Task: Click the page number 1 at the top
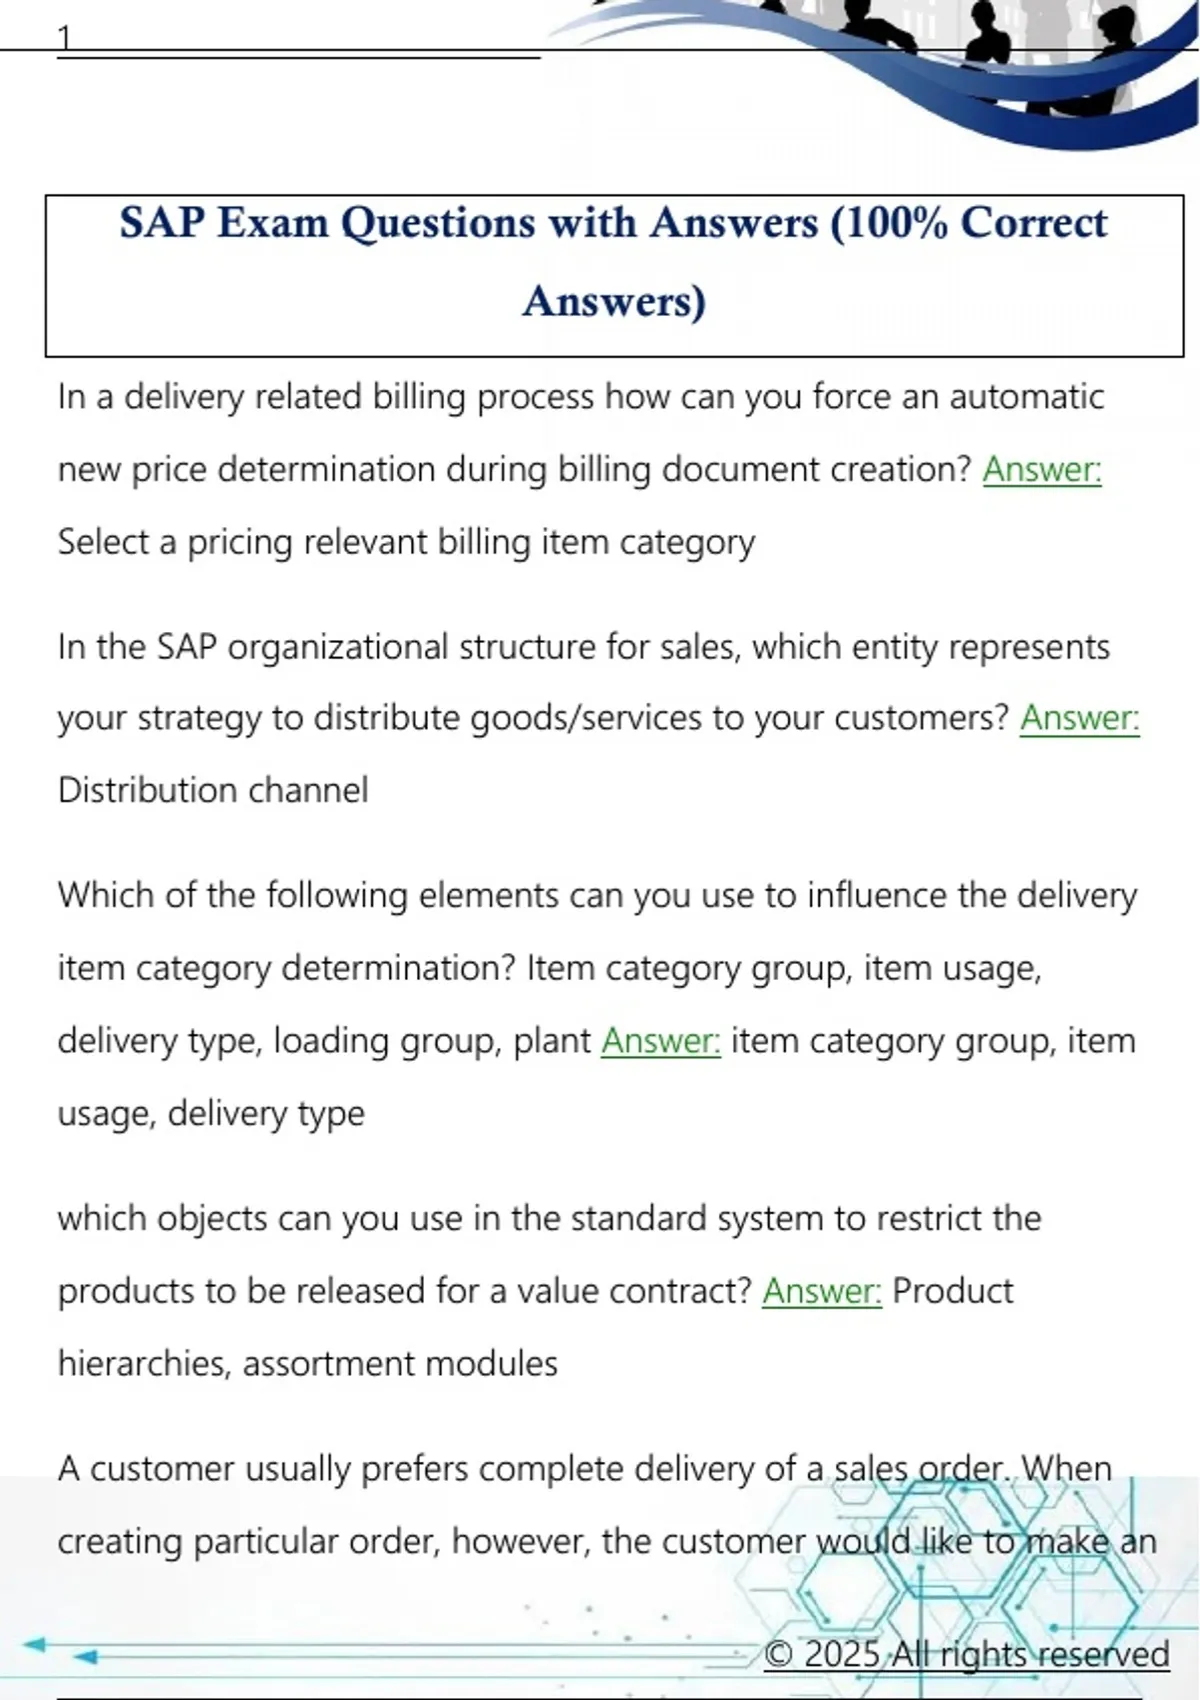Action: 65,38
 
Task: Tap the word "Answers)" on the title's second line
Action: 614,301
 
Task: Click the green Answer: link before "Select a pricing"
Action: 1042,469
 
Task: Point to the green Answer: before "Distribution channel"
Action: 1079,718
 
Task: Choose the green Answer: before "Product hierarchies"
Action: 822,1291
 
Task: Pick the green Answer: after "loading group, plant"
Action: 660,1041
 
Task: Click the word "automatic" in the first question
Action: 1026,397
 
